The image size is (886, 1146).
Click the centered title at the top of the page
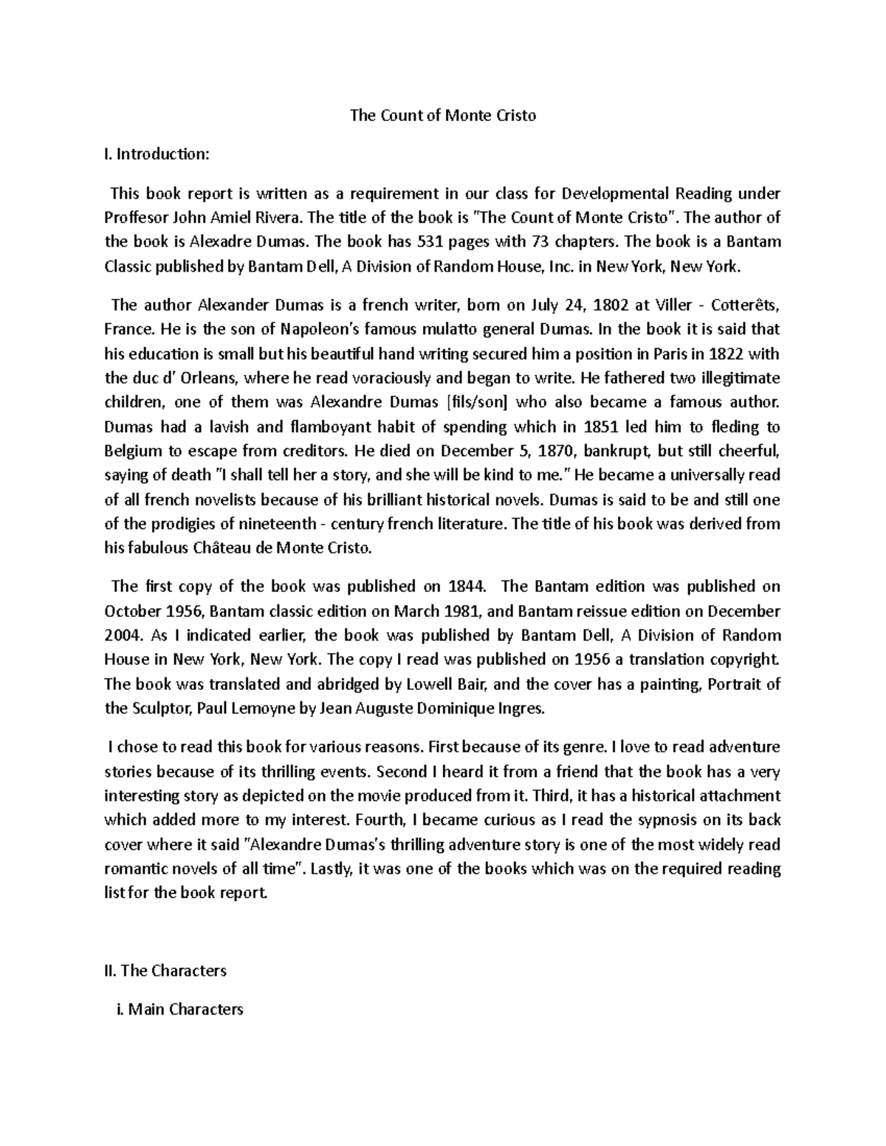pyautogui.click(x=442, y=115)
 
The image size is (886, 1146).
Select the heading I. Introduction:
pyautogui.click(x=157, y=154)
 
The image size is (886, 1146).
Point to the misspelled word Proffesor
pyautogui.click(x=137, y=218)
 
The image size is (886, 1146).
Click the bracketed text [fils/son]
pyautogui.click(x=480, y=402)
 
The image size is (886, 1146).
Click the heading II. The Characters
pyautogui.click(x=165, y=970)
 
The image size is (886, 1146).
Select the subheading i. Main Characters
pyautogui.click(x=175, y=1009)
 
